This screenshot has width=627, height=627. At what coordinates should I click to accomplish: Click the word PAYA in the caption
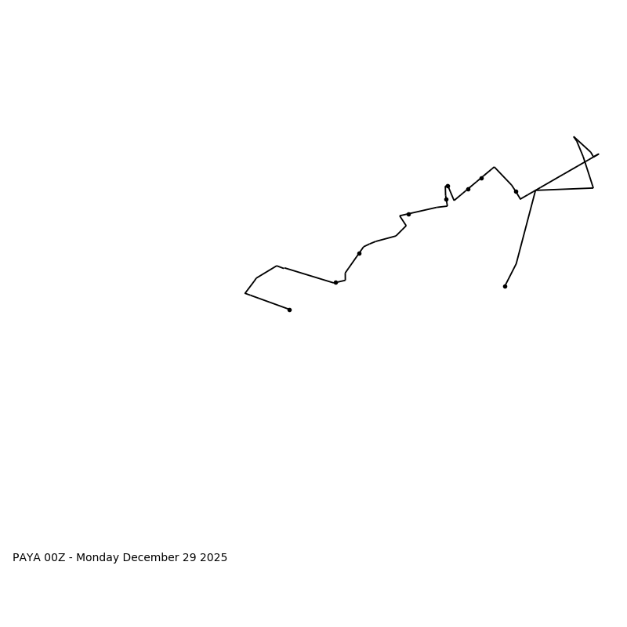pos(27,558)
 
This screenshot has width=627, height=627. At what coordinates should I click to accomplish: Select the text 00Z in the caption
pos(55,558)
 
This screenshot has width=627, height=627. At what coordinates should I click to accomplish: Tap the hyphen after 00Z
pos(71,558)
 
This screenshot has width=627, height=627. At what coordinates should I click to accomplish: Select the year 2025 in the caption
pos(213,558)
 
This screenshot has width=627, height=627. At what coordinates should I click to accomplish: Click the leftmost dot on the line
pos(289,310)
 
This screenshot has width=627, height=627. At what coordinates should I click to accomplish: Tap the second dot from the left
pos(335,282)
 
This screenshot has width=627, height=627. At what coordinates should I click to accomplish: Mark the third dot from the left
pos(359,253)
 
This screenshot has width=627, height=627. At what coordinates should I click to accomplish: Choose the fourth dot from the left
pos(408,214)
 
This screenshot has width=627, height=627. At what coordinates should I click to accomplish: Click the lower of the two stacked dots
pos(446,199)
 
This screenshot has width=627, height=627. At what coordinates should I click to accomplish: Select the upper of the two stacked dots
pos(448,186)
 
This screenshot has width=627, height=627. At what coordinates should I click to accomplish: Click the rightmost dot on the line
pos(516,191)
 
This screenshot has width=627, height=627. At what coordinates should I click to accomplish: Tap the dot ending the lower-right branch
pos(505,286)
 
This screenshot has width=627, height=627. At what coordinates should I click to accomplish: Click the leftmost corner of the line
pos(245,293)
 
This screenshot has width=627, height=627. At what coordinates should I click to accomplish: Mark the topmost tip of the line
pos(574,137)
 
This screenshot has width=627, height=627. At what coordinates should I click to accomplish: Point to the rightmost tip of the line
pos(599,154)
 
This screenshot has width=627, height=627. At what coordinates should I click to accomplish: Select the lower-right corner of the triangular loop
pos(593,187)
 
